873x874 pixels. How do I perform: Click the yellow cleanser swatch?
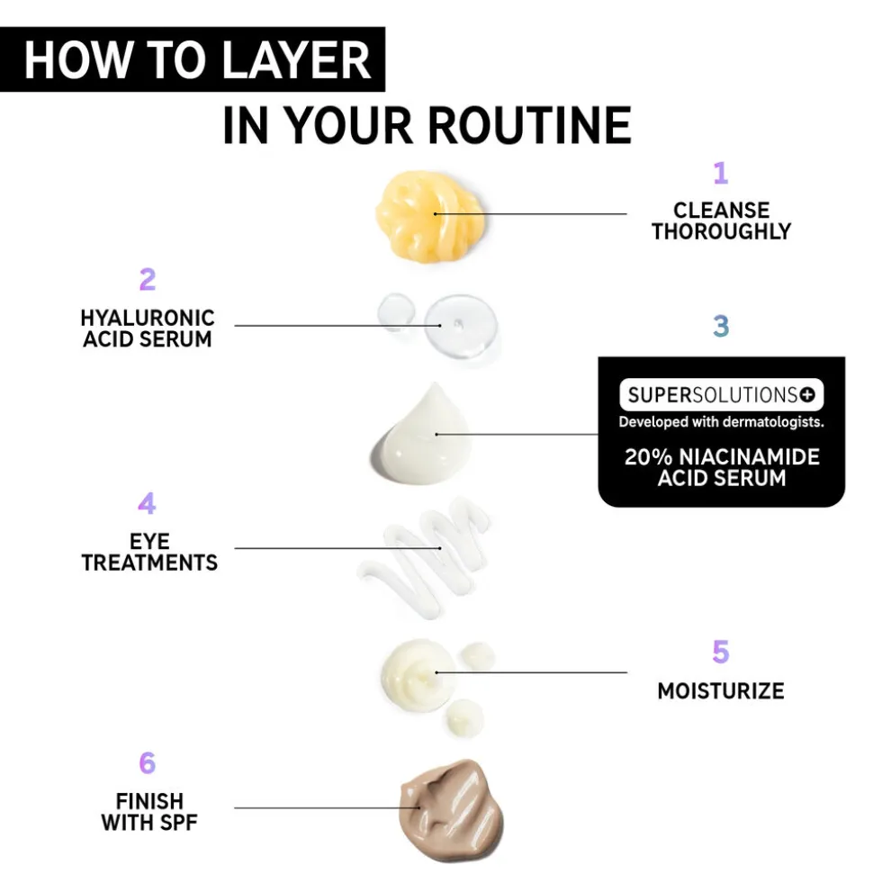point(430,216)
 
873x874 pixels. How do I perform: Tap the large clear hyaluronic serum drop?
point(461,326)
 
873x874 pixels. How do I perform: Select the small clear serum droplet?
point(396,311)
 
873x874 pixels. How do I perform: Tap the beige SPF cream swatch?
point(452,811)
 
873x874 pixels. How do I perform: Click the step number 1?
point(721,173)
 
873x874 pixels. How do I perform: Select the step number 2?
point(148,279)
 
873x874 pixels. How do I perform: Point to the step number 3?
point(721,326)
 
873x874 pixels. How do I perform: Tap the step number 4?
point(147,503)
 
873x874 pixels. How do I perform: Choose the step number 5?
point(720,653)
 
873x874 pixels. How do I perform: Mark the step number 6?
point(148,763)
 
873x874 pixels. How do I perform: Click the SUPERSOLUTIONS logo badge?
point(722,394)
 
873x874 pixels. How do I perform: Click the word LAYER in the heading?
point(297,59)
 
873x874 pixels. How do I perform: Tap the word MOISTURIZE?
point(721,691)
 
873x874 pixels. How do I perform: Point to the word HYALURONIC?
point(148,319)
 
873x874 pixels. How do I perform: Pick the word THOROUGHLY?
point(722,231)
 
